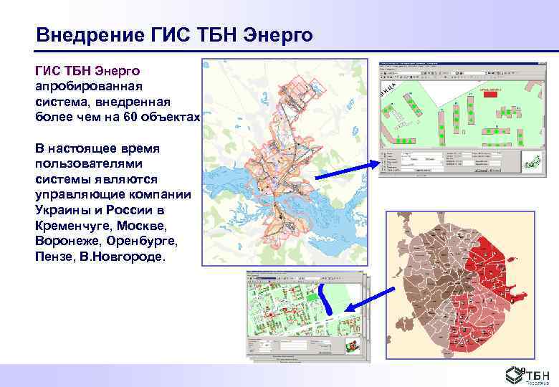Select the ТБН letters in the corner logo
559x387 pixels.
539,372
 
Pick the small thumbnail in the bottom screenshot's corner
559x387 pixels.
352,346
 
